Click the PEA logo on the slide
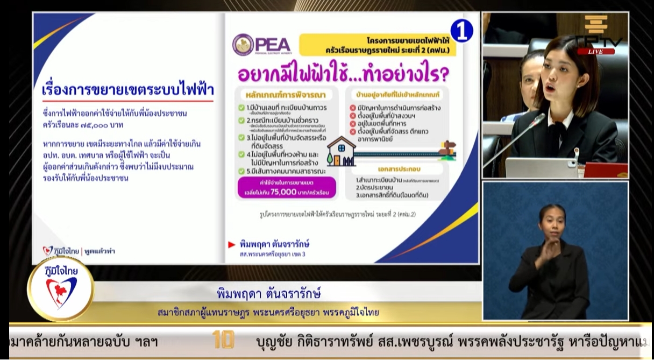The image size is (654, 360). [x=262, y=44]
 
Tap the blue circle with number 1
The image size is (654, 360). [x=461, y=31]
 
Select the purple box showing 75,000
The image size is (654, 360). [x=287, y=187]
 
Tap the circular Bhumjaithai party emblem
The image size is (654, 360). [x=61, y=288]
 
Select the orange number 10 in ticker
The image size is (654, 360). [x=223, y=340]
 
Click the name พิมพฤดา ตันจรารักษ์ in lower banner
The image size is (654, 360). [x=269, y=294]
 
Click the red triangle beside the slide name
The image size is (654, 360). [x=232, y=244]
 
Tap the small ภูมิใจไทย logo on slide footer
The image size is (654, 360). [x=61, y=250]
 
